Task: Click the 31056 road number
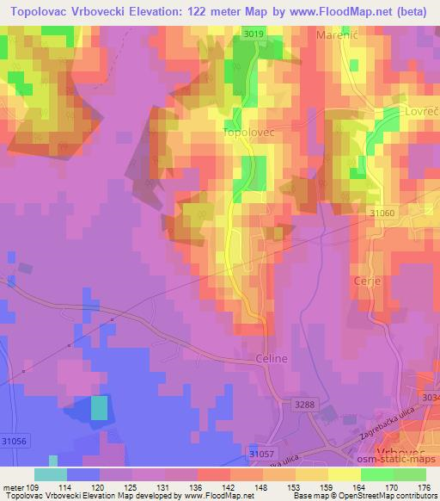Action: pyautogui.click(x=14, y=442)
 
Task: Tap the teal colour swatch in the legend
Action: pyautogui.click(x=50, y=474)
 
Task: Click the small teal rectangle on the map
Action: pyautogui.click(x=100, y=407)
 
